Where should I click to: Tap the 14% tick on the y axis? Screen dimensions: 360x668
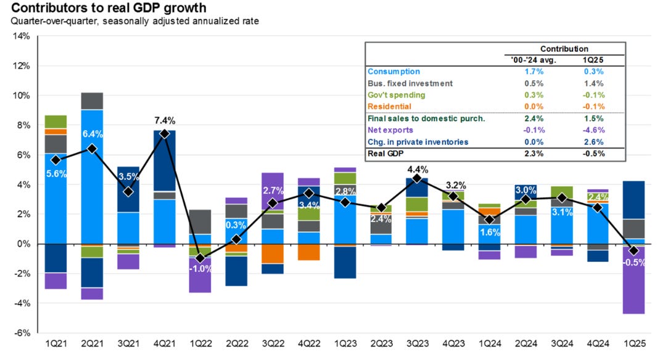tap(22, 36)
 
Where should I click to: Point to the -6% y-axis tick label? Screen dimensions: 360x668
tap(22, 333)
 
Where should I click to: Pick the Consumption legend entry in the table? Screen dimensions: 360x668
tap(394, 72)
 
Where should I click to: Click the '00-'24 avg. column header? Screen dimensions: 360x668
tap(524, 60)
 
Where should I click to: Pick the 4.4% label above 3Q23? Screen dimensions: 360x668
tap(417, 169)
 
